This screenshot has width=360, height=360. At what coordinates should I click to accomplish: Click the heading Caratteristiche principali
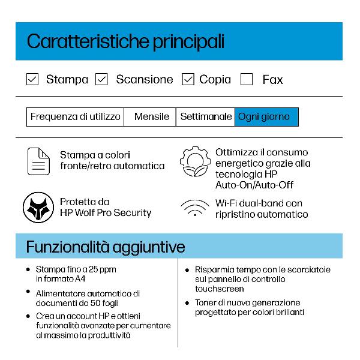point(126,41)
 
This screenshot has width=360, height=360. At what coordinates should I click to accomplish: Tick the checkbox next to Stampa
point(33,79)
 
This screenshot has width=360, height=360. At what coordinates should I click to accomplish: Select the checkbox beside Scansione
point(101,79)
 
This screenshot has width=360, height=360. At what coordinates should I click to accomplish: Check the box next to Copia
point(188,79)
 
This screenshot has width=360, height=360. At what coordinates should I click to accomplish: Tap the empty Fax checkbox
point(247,79)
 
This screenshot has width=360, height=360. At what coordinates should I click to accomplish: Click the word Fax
point(272,80)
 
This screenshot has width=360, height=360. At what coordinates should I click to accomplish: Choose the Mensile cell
point(151,117)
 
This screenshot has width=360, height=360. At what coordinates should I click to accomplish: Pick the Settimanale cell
point(206,117)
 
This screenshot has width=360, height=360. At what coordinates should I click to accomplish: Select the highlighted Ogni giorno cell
point(266,117)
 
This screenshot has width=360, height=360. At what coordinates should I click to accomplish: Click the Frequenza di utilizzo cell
point(75,117)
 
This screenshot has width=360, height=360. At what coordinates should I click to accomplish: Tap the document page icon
point(38,160)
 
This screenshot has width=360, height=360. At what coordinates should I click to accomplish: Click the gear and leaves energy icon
point(194,161)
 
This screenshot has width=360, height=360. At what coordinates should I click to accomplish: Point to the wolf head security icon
point(38,207)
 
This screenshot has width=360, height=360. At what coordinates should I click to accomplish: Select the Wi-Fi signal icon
point(194,208)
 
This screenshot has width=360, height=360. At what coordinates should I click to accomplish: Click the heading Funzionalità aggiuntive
point(105,247)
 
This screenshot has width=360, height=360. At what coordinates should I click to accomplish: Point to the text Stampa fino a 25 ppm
point(76,269)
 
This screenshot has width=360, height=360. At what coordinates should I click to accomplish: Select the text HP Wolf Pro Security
point(106,213)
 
